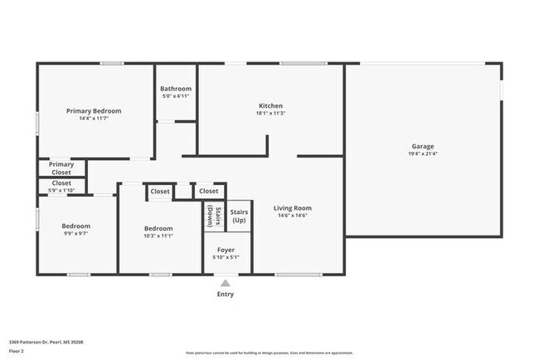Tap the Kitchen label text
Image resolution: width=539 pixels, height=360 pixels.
[x=271, y=106]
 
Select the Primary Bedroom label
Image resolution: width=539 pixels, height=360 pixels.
[x=95, y=111]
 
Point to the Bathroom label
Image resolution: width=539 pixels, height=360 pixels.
[x=176, y=89]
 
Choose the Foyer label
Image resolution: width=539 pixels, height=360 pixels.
[x=226, y=250]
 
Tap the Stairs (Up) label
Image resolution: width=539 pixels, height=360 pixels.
[x=239, y=216]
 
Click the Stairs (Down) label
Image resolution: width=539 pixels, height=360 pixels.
[x=211, y=215]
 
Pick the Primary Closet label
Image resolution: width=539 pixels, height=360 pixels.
[x=61, y=168]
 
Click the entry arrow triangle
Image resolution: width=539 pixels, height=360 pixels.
[x=226, y=283]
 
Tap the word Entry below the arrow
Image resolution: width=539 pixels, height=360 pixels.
[x=226, y=294]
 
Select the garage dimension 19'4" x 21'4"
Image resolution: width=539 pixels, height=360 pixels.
[x=424, y=154]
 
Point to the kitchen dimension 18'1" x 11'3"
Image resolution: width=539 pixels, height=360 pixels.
[x=271, y=114]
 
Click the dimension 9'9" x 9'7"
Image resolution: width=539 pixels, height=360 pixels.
[x=76, y=234]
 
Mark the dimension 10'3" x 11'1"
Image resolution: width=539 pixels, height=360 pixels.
[x=158, y=236]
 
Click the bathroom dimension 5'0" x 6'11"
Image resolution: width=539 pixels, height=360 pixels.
[x=176, y=96]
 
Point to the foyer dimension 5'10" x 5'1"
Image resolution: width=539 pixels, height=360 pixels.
[x=226, y=257]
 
